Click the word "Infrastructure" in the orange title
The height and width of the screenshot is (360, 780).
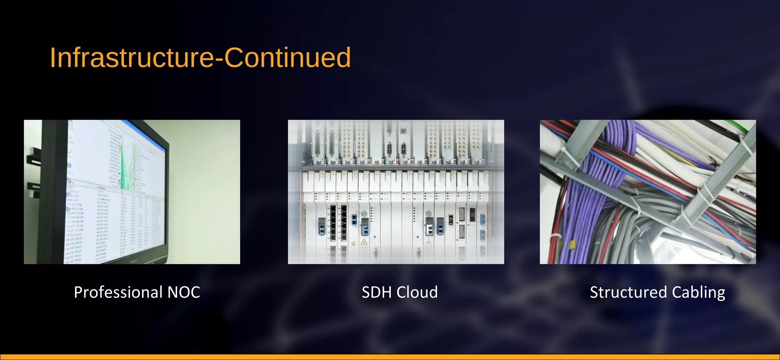131,58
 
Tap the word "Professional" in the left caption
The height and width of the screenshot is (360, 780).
118,293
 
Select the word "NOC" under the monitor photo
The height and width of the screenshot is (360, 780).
184,293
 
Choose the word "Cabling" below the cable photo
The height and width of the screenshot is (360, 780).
698,293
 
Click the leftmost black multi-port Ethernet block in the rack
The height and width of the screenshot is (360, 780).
333,223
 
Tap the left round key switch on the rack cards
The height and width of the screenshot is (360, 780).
364,214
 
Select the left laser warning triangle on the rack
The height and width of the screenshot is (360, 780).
364,242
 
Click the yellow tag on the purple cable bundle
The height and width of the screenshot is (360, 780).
572,244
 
